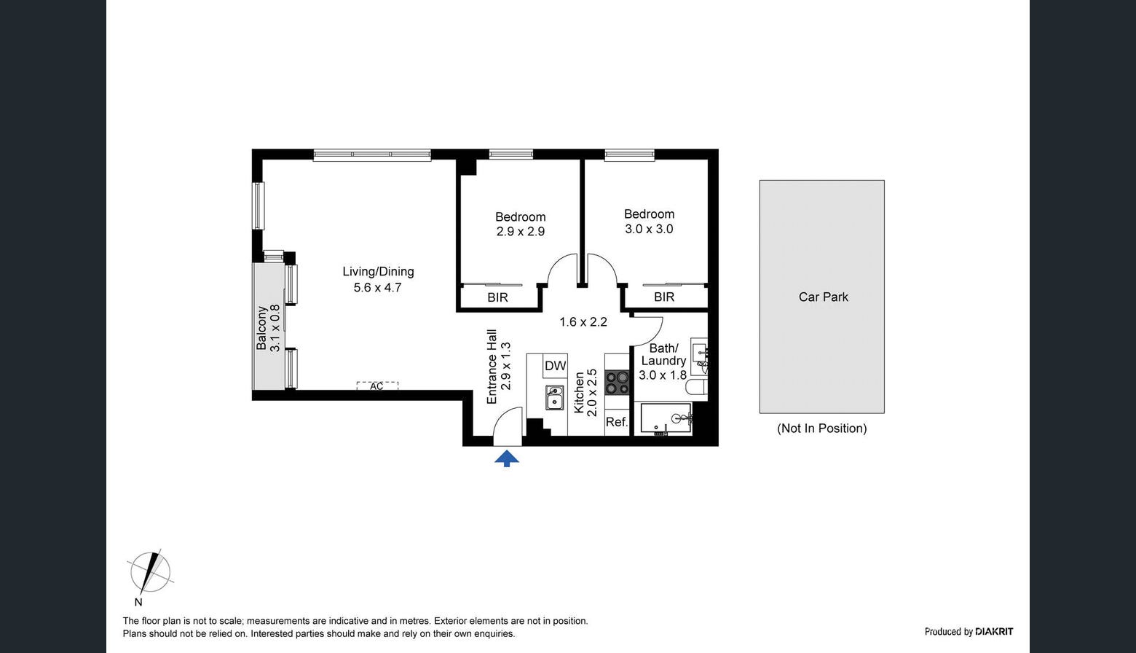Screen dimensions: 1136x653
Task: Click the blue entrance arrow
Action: pyautogui.click(x=507, y=458)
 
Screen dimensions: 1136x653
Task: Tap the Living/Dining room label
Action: pyautogui.click(x=379, y=271)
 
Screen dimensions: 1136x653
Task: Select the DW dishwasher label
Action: pyautogui.click(x=555, y=366)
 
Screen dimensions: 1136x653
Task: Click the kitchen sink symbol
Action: pyautogui.click(x=554, y=397)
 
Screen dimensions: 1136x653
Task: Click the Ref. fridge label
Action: pyautogui.click(x=617, y=422)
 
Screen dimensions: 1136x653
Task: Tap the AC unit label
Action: pyautogui.click(x=376, y=386)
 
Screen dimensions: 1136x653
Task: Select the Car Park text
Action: pyautogui.click(x=823, y=297)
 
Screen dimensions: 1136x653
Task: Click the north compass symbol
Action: pyautogui.click(x=149, y=574)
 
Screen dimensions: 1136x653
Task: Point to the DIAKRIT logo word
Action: pyautogui.click(x=994, y=632)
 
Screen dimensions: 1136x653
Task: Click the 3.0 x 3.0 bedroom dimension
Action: pyautogui.click(x=649, y=229)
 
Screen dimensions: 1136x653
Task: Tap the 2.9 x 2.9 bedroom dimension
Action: pyautogui.click(x=521, y=232)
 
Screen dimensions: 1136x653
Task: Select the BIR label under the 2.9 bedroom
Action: pyautogui.click(x=497, y=297)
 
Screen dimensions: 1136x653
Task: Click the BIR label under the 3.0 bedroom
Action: pyautogui.click(x=664, y=297)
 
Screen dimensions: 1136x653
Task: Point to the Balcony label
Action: pyautogui.click(x=261, y=328)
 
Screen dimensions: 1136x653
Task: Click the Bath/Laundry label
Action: pyautogui.click(x=663, y=354)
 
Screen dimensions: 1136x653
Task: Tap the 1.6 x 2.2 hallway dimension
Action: pyautogui.click(x=583, y=322)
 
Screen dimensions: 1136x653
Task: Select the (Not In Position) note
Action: pyautogui.click(x=822, y=429)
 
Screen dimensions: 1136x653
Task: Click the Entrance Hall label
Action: pyautogui.click(x=492, y=367)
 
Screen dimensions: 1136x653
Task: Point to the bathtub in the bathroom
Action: pyautogui.click(x=666, y=418)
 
